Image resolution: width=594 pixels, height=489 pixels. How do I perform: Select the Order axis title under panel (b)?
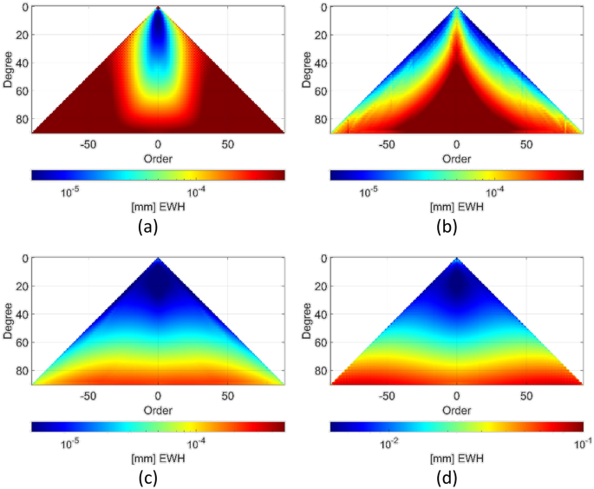[x=456, y=159]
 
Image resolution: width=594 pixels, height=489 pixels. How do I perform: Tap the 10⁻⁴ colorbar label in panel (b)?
[x=494, y=193]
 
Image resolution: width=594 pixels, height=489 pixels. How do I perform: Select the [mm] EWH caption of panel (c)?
[x=157, y=458]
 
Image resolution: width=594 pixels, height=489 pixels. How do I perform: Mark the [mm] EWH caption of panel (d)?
[x=456, y=458]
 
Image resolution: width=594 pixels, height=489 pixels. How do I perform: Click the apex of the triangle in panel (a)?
[x=158, y=8]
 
